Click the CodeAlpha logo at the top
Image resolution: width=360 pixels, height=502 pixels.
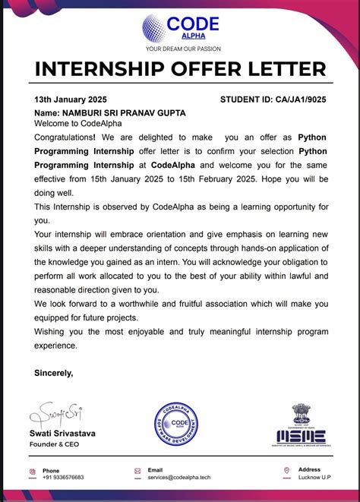(180, 28)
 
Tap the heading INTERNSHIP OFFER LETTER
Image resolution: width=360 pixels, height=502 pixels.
(180, 71)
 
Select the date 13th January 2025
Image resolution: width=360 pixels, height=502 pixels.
(71, 99)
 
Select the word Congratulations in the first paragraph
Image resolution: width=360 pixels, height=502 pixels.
(65, 137)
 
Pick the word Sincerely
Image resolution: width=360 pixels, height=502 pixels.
(54, 372)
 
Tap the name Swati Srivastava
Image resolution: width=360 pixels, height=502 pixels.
(62, 434)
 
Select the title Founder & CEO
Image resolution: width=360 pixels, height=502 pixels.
(55, 444)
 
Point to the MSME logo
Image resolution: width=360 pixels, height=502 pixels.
(301, 425)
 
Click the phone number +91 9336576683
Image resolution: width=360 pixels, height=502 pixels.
(63, 477)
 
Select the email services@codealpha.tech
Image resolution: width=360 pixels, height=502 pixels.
(178, 477)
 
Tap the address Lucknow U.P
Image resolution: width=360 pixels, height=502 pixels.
(315, 477)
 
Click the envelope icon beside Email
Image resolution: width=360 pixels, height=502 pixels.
(137, 472)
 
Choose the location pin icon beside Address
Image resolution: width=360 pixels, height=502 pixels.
(286, 472)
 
